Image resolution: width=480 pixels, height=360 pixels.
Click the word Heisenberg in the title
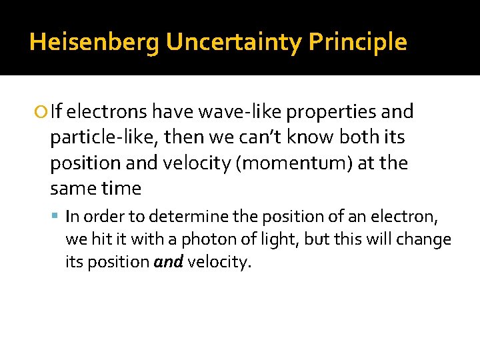pos(94,43)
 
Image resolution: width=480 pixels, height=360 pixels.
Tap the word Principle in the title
pos(357,43)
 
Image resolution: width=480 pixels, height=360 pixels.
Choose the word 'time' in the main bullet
pos(121,189)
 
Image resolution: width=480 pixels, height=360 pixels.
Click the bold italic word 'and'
pos(168,262)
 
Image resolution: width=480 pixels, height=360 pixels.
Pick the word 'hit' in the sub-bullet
pos(97,239)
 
